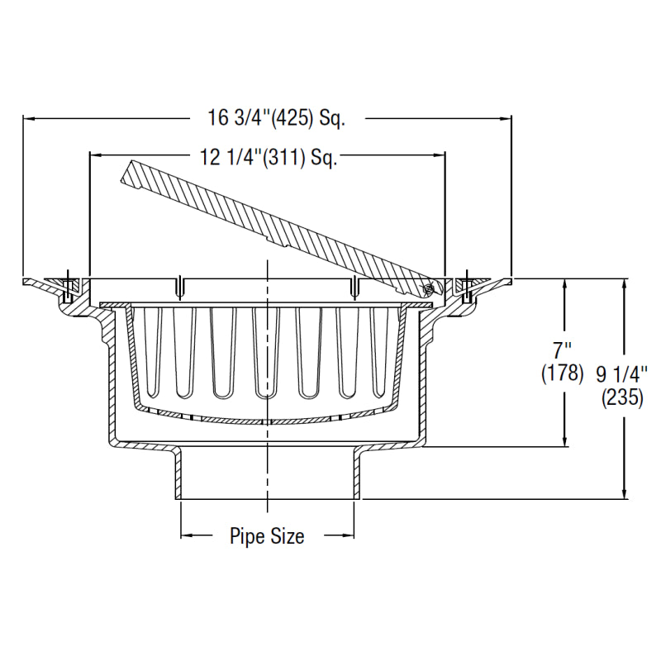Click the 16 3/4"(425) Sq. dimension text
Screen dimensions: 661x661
pos(275,118)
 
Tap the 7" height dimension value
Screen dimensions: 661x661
pos(564,347)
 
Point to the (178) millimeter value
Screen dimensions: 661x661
pos(563,373)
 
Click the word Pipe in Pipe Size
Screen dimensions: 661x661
pos(247,537)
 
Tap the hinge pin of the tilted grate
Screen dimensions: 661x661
pos(428,288)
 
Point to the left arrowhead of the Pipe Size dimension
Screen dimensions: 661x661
pos(187,535)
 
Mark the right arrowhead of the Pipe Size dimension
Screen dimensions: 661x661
pos(350,535)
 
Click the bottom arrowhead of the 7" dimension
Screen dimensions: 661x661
pos(565,441)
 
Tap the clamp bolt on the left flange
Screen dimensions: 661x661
pos(68,286)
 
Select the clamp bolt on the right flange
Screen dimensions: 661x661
pos(467,286)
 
